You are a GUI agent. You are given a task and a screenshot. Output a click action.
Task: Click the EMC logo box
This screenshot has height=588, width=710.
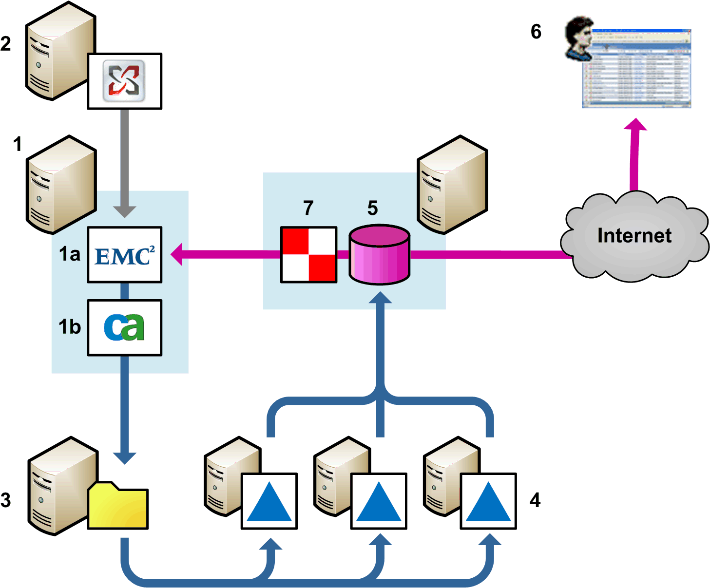point(124,255)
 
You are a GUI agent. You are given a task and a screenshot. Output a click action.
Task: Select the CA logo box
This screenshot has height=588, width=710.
point(124,327)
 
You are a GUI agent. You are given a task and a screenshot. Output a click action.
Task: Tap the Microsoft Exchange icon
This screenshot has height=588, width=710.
point(124,81)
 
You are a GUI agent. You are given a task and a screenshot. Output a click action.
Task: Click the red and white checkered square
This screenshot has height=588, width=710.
point(308,254)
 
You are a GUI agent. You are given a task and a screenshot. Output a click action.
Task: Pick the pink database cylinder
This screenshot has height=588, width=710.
point(380,254)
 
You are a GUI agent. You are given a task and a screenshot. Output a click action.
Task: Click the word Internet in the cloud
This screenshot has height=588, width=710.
point(634,236)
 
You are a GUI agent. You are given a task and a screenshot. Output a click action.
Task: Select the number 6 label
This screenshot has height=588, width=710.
point(536,32)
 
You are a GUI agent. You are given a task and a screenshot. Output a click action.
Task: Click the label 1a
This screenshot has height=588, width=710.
point(70,254)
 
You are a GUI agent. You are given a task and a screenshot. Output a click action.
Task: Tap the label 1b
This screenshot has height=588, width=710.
point(70,327)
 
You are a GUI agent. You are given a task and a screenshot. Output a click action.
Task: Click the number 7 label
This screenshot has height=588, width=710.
point(308,208)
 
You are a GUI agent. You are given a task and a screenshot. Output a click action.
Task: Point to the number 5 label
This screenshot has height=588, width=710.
point(372,208)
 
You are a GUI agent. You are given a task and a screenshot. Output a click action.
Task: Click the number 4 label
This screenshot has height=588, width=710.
point(535,500)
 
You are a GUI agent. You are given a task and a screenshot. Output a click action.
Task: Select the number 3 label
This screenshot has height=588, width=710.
point(6,500)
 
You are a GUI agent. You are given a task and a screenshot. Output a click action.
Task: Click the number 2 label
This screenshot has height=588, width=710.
point(6,44)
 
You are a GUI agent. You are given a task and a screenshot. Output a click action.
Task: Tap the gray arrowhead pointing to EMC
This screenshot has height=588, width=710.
point(124,211)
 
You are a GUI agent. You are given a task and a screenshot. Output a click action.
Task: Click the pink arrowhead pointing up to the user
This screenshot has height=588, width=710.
point(635,125)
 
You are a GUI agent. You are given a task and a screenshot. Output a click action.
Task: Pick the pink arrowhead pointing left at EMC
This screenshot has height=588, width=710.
point(177,254)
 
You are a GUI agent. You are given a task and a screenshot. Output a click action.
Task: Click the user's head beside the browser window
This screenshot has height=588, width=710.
point(579,37)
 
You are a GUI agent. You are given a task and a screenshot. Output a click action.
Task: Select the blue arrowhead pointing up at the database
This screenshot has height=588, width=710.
point(380,298)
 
